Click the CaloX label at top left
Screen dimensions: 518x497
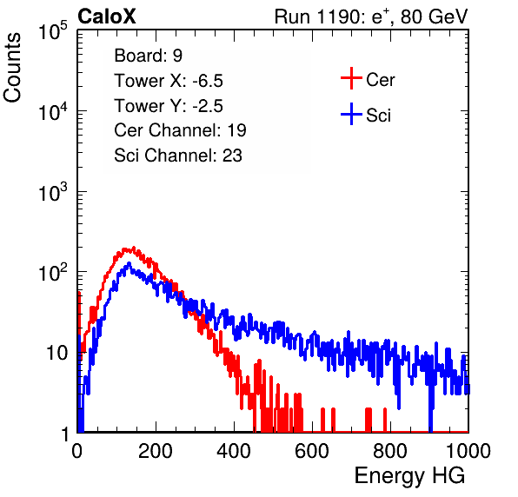pos(107,17)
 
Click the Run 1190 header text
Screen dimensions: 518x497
pos(371,17)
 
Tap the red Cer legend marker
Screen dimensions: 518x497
pos(351,78)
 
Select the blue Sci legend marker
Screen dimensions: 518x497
pos(351,115)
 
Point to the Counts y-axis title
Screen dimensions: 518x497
pos(12,68)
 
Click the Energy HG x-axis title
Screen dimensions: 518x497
pos(409,476)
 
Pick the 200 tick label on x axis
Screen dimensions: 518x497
pos(156,451)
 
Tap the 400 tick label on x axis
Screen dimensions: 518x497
pos(234,451)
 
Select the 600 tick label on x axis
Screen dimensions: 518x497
pos(312,451)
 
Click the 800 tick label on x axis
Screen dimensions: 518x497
pos(390,451)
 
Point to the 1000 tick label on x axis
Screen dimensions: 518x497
pos(468,451)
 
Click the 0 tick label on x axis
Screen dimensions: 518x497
pos(76,451)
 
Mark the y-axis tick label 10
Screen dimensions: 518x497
pos(57,353)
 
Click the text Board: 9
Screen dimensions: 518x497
pos(148,56)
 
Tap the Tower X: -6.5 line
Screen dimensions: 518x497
pos(169,81)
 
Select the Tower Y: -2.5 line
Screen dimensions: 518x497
pos(169,106)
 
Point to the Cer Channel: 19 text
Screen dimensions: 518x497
pos(180,130)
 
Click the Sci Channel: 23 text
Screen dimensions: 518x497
pos(178,156)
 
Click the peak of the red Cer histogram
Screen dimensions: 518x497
pos(134,248)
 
